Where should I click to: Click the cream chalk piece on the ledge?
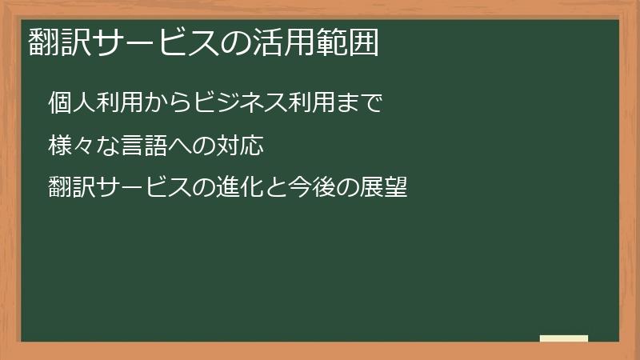(564, 338)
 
